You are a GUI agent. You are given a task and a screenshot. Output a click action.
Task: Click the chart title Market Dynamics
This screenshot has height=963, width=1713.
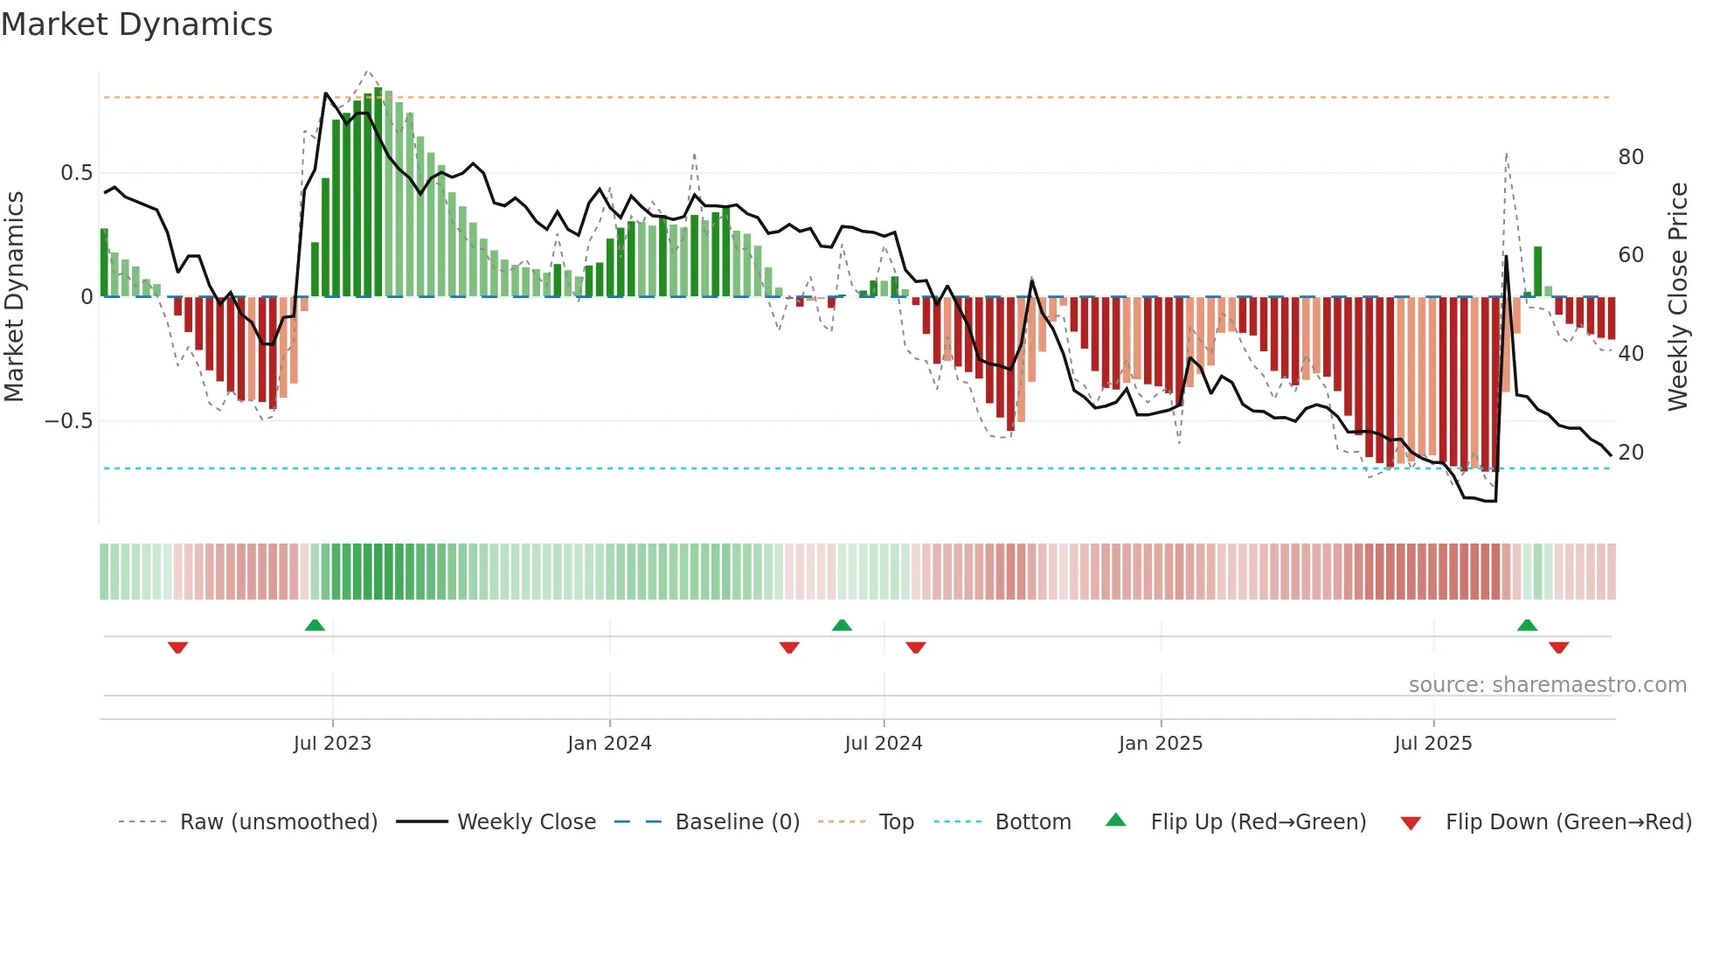(x=136, y=24)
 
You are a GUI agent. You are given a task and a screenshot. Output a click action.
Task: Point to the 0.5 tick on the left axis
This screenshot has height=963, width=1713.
(x=76, y=173)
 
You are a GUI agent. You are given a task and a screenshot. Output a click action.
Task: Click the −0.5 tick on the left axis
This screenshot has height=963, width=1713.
(x=69, y=421)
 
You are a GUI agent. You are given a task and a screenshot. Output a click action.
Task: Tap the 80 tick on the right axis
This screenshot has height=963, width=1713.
(x=1631, y=157)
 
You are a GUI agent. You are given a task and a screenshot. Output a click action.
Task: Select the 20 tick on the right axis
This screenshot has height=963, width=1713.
(x=1631, y=453)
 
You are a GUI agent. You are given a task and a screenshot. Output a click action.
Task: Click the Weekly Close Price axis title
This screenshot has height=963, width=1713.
(x=1678, y=297)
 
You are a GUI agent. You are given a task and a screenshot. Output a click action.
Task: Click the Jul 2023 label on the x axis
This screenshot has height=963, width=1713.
(x=332, y=744)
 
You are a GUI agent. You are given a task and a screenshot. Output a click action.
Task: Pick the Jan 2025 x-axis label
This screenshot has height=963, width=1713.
(x=1161, y=744)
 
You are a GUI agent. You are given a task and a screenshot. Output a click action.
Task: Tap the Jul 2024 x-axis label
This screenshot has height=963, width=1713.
(x=884, y=744)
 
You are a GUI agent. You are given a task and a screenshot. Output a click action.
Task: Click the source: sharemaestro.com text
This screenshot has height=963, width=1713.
(x=1547, y=685)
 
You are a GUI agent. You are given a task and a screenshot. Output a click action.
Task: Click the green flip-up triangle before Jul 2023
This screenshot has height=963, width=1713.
(x=315, y=625)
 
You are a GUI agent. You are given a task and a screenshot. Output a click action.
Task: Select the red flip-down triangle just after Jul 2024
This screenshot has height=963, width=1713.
(x=916, y=648)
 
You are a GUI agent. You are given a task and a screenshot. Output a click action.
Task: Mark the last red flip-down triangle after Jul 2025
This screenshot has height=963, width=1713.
(x=1559, y=648)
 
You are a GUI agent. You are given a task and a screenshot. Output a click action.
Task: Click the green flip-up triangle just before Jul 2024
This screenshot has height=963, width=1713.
(x=842, y=625)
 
